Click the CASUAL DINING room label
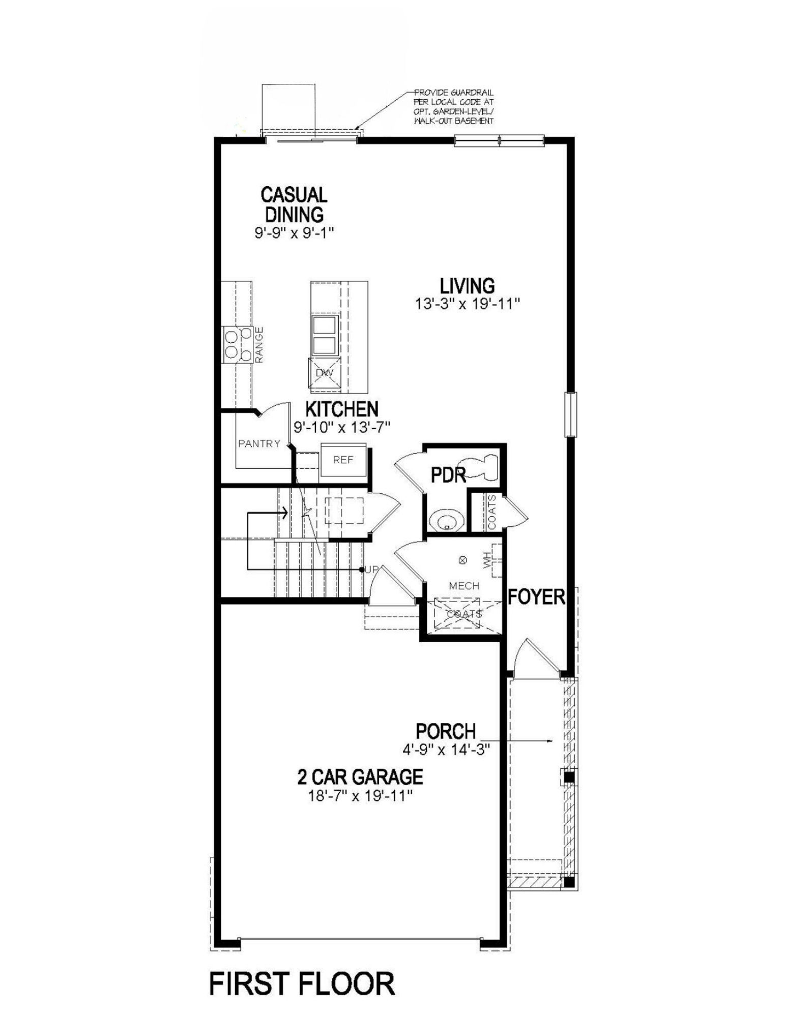(294, 204)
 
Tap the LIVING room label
(468, 286)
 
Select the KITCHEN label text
(342, 408)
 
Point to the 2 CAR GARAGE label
(360, 776)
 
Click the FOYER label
(536, 596)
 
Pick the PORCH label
(446, 731)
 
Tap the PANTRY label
(259, 443)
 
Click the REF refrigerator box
(343, 460)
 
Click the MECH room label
(464, 586)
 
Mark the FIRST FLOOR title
(302, 983)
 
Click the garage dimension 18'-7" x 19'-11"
(360, 795)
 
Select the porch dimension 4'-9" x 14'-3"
(445, 749)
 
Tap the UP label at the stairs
(371, 570)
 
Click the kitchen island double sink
(324, 334)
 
